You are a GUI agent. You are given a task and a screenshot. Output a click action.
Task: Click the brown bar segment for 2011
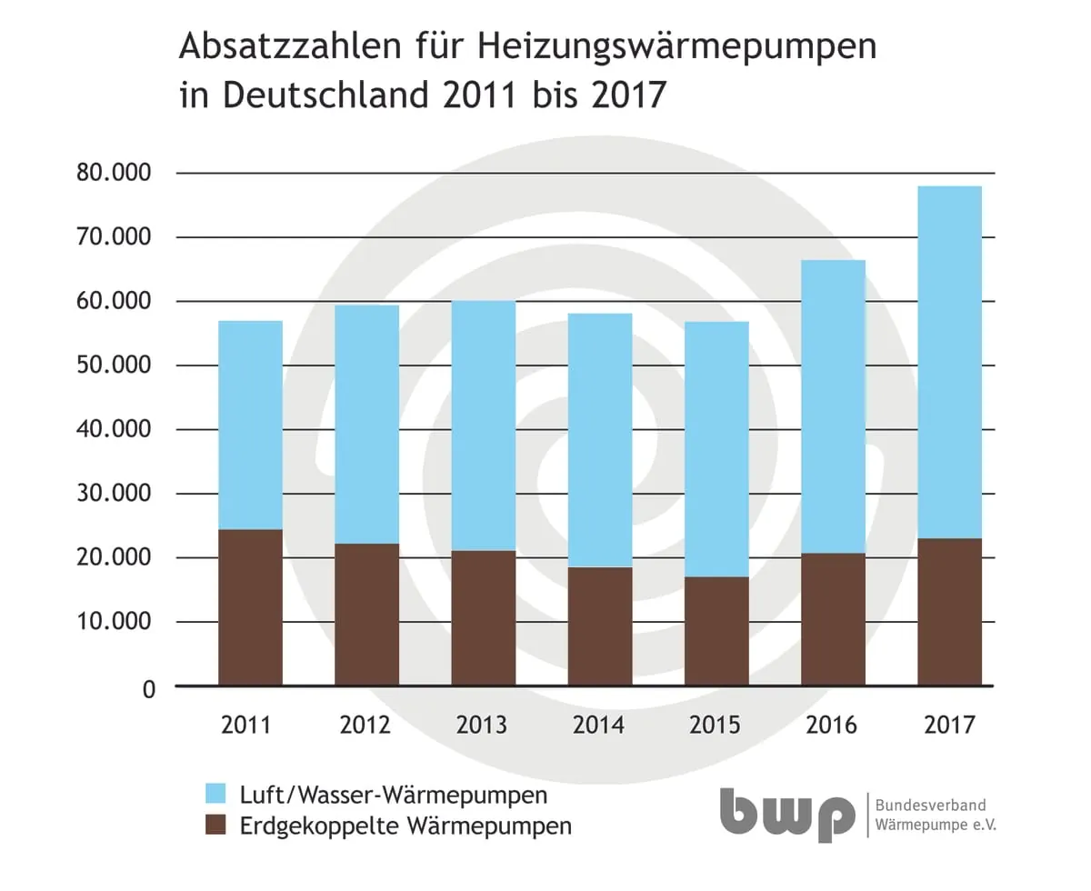pyautogui.click(x=250, y=607)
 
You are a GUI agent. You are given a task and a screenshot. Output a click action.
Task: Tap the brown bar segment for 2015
pyautogui.click(x=716, y=631)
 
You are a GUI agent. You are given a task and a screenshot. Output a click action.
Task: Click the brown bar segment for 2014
pyautogui.click(x=600, y=626)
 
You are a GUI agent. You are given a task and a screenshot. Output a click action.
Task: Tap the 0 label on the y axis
pyautogui.click(x=148, y=688)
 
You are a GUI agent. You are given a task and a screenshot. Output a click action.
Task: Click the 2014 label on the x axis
pyautogui.click(x=598, y=726)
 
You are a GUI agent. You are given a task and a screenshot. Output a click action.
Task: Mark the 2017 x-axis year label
pyautogui.click(x=949, y=726)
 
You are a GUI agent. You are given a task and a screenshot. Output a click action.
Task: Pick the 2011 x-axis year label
pyautogui.click(x=247, y=726)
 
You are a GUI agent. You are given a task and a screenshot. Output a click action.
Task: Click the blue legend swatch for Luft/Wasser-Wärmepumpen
pyautogui.click(x=215, y=794)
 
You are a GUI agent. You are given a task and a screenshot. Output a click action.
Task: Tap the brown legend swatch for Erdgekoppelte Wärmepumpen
pyautogui.click(x=215, y=826)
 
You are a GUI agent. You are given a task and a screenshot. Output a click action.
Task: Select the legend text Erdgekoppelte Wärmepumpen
pyautogui.click(x=405, y=826)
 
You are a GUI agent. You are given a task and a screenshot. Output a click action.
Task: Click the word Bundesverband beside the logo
pyautogui.click(x=930, y=806)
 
